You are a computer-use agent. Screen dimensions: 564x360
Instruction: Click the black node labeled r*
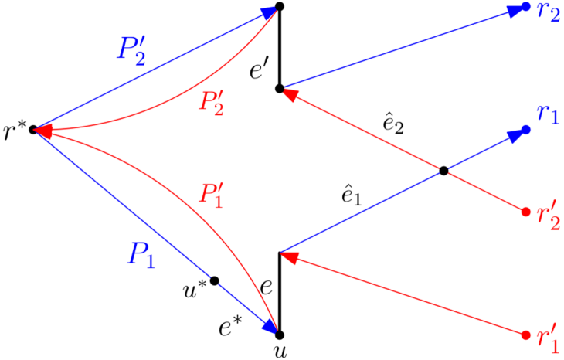34,129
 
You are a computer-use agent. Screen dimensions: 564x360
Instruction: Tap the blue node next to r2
526,7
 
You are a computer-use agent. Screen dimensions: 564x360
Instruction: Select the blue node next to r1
526,130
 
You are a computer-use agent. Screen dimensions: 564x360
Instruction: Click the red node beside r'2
526,212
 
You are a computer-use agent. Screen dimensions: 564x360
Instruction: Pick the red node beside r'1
526,335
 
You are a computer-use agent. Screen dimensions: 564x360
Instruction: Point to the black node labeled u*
215,280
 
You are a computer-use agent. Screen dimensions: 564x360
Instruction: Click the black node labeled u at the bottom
280,335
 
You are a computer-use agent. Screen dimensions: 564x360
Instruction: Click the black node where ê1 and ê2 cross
444,171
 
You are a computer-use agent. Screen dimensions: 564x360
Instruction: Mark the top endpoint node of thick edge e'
280,7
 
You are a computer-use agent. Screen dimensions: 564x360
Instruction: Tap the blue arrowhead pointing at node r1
515,135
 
